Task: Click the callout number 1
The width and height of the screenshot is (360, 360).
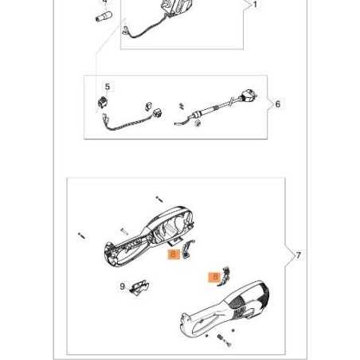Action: (254, 5)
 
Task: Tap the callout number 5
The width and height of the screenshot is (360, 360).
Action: (108, 87)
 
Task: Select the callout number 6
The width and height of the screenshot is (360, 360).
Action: (277, 104)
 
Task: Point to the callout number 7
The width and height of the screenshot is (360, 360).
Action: (298, 256)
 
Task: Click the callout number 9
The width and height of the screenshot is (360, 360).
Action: (123, 286)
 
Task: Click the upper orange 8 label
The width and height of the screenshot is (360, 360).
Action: (173, 255)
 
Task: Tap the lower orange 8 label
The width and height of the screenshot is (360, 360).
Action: (213, 277)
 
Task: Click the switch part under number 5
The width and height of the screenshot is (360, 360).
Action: (103, 102)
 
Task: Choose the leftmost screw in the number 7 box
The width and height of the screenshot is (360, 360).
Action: (80, 235)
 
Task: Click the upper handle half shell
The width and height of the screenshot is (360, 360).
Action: (151, 235)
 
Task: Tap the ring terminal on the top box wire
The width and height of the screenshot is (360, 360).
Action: (123, 31)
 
